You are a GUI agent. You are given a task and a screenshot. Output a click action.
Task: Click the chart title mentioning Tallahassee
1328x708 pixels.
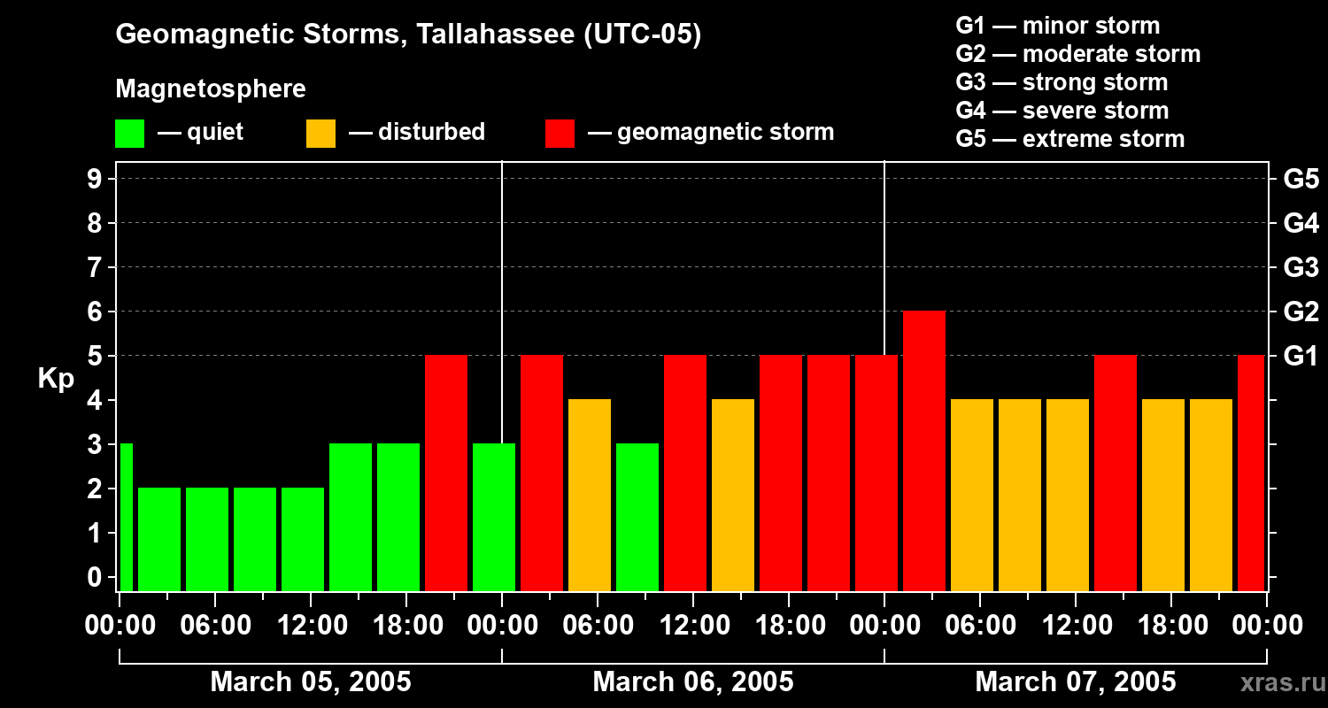[x=408, y=35]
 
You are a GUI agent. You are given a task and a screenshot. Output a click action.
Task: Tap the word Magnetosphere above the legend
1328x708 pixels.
[x=211, y=89]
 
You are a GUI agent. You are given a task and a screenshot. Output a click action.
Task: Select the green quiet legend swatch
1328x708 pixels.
[x=129, y=134]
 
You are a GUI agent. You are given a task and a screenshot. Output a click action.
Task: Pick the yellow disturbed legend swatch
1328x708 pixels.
[x=320, y=134]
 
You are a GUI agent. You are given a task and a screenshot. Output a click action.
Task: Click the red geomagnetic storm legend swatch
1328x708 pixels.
[x=560, y=134]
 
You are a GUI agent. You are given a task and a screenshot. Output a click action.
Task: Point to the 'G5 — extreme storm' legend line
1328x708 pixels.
[x=1069, y=139]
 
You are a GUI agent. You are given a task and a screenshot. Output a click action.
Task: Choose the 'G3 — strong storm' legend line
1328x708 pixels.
[x=1062, y=82]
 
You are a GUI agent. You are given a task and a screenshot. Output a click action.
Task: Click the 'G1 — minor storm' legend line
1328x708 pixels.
[x=1057, y=26]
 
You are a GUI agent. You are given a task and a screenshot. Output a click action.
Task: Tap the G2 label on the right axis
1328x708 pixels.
[x=1301, y=312]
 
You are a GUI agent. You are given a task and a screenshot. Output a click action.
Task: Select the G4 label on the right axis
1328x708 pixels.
[x=1301, y=223]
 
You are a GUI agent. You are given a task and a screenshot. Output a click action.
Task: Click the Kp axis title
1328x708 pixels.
[x=56, y=379]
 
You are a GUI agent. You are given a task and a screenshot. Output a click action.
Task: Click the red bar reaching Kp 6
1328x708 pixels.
[x=924, y=450]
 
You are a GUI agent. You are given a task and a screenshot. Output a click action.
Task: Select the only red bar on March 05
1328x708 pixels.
[x=446, y=473]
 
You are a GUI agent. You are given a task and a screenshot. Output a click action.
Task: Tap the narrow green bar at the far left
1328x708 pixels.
[x=126, y=517]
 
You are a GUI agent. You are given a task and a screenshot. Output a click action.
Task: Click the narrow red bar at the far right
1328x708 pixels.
[x=1250, y=473]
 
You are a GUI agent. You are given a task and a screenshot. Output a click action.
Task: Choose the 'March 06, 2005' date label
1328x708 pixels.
[x=692, y=682]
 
